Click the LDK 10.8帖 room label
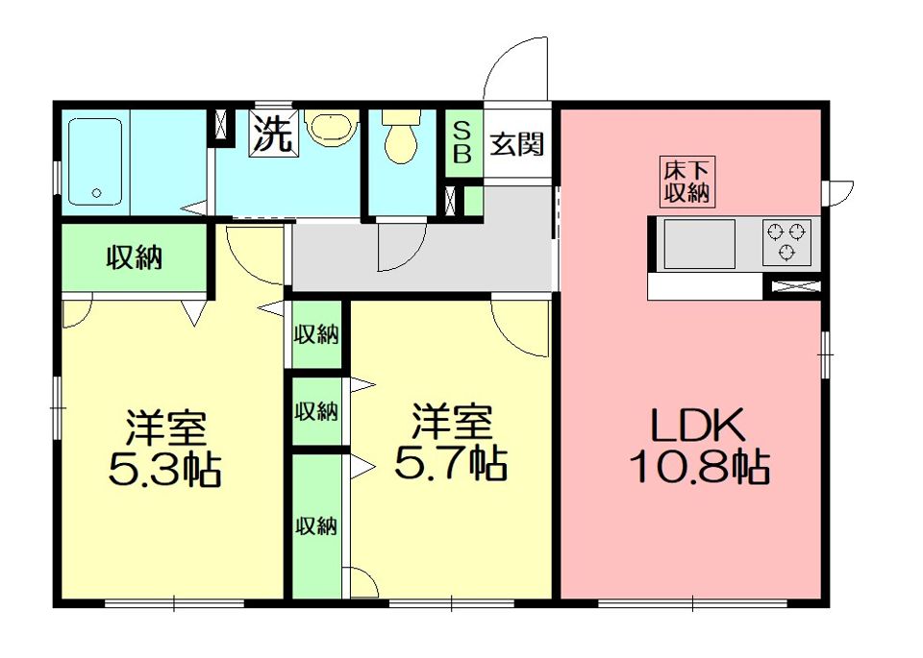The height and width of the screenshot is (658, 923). (x=699, y=445)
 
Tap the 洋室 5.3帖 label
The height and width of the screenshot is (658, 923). (x=164, y=448)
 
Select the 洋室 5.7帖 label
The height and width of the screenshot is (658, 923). (x=450, y=441)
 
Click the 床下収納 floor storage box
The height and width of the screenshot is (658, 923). (x=686, y=182)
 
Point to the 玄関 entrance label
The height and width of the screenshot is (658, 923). (x=517, y=144)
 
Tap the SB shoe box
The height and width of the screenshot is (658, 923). (x=463, y=143)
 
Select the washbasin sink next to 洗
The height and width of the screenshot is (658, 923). (x=332, y=129)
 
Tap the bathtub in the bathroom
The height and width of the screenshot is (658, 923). (x=95, y=161)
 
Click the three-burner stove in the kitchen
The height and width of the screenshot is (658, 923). (x=787, y=242)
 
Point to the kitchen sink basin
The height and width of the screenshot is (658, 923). (x=699, y=243)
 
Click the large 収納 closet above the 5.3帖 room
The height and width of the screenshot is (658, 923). (x=135, y=257)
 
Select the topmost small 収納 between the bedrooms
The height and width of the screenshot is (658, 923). (x=316, y=334)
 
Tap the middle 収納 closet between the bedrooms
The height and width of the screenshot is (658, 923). (x=316, y=411)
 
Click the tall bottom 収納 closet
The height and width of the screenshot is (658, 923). (x=316, y=526)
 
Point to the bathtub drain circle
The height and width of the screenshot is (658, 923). (x=96, y=192)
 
